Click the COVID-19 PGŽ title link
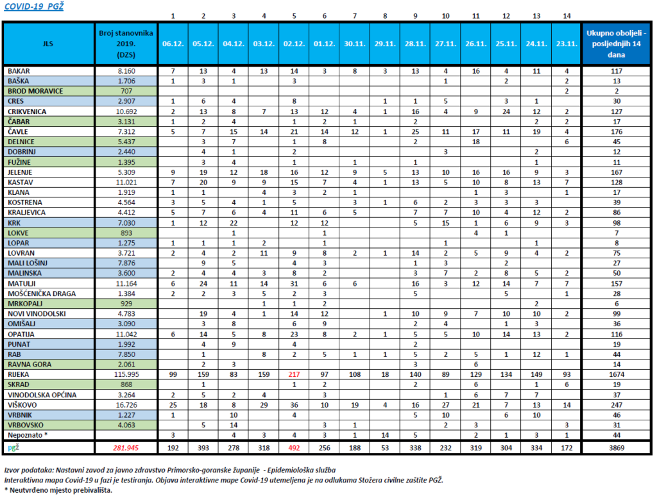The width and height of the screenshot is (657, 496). click(33, 6)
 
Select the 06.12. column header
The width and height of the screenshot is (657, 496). click(173, 44)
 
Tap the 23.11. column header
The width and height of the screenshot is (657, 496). click(567, 44)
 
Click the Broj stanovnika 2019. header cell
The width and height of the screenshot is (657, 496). click(126, 44)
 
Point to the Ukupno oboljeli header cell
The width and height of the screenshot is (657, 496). click(617, 44)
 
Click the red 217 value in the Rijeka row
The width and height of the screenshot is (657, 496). click(294, 375)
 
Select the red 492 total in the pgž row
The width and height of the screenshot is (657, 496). click(294, 448)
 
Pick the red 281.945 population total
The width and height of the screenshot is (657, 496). click(126, 448)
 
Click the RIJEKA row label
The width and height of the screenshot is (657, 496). click(19, 375)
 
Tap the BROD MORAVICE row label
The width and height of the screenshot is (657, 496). click(35, 91)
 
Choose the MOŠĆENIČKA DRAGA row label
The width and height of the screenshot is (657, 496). click(42, 294)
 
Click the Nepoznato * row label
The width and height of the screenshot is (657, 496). click(28, 435)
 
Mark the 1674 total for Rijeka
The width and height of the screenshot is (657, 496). click(617, 375)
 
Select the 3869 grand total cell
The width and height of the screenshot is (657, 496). click(617, 448)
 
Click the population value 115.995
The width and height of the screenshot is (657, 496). click(126, 375)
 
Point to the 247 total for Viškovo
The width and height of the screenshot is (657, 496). click(617, 405)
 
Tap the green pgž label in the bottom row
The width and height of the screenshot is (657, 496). click(13, 448)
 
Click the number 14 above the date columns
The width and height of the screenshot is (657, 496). click(567, 16)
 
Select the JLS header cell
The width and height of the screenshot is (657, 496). click(48, 44)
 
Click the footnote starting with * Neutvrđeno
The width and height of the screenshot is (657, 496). click(58, 490)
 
